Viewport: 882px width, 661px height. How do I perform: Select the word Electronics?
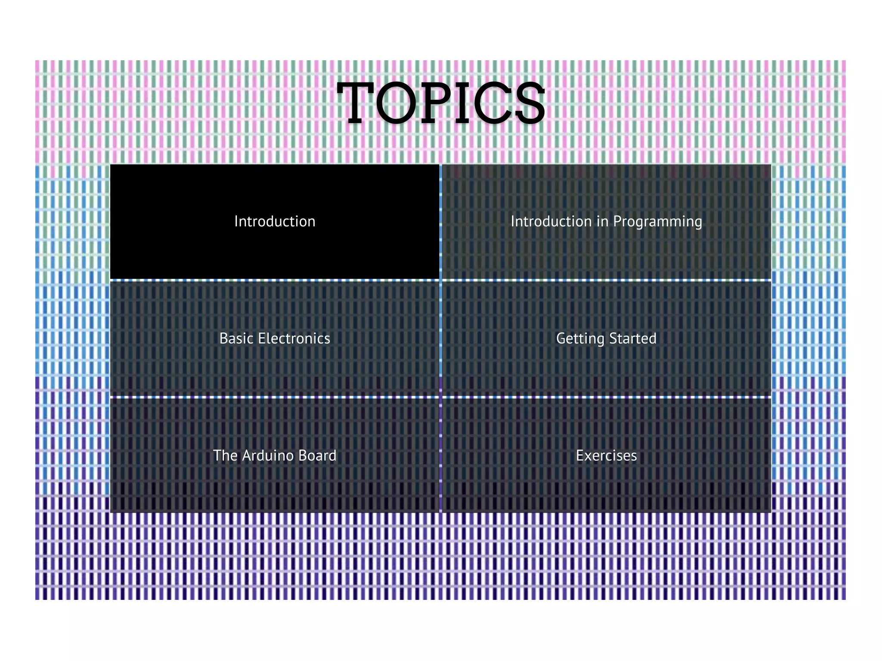tap(294, 338)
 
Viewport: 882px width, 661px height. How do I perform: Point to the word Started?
tap(633, 338)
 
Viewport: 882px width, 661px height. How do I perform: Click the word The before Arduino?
tap(225, 455)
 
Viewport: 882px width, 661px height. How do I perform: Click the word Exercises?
tap(606, 455)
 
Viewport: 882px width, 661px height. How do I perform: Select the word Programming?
tap(658, 222)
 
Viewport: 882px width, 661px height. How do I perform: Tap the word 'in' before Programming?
tap(602, 221)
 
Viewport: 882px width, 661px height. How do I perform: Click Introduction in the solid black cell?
tap(275, 221)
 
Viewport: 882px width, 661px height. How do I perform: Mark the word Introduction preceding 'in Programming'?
tap(551, 221)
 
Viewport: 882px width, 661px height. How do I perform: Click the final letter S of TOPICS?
tap(530, 103)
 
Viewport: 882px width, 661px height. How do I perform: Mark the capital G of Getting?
tap(561, 338)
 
